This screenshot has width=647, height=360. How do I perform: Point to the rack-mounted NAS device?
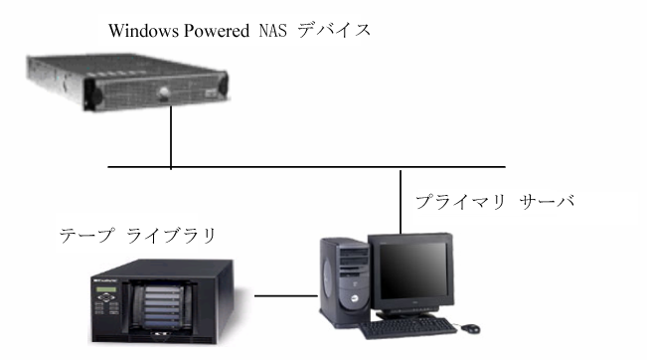(x=126, y=85)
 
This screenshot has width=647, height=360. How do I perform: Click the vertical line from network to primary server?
(x=400, y=199)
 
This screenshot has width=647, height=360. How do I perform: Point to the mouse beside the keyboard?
(x=469, y=326)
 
